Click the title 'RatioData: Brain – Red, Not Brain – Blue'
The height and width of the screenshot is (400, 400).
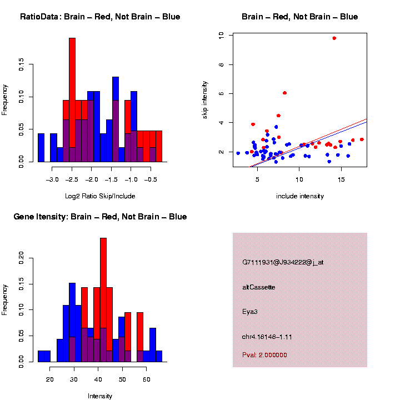pos(100,17)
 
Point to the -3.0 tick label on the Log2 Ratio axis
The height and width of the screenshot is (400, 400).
pos(52,180)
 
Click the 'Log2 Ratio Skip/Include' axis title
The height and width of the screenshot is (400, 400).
pos(100,196)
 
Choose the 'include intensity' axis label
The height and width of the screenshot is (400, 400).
pos(300,196)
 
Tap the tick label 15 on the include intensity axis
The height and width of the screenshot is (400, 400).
pos(342,180)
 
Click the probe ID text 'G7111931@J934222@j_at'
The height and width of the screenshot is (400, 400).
pos(282,262)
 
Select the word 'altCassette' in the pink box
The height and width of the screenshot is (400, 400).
pos(259,287)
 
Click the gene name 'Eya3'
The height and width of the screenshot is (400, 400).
pos(250,312)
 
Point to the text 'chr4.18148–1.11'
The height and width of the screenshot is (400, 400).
pos(267,337)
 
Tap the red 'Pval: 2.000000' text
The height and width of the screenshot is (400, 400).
pos(264,355)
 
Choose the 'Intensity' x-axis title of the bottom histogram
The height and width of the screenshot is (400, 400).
pos(100,396)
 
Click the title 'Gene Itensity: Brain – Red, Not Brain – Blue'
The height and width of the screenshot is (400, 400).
pos(100,217)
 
